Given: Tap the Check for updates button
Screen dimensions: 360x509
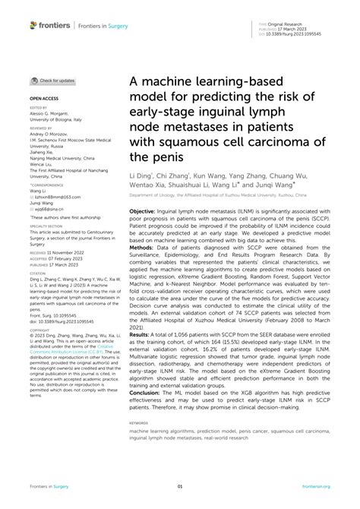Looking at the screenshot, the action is pos(53,81).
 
